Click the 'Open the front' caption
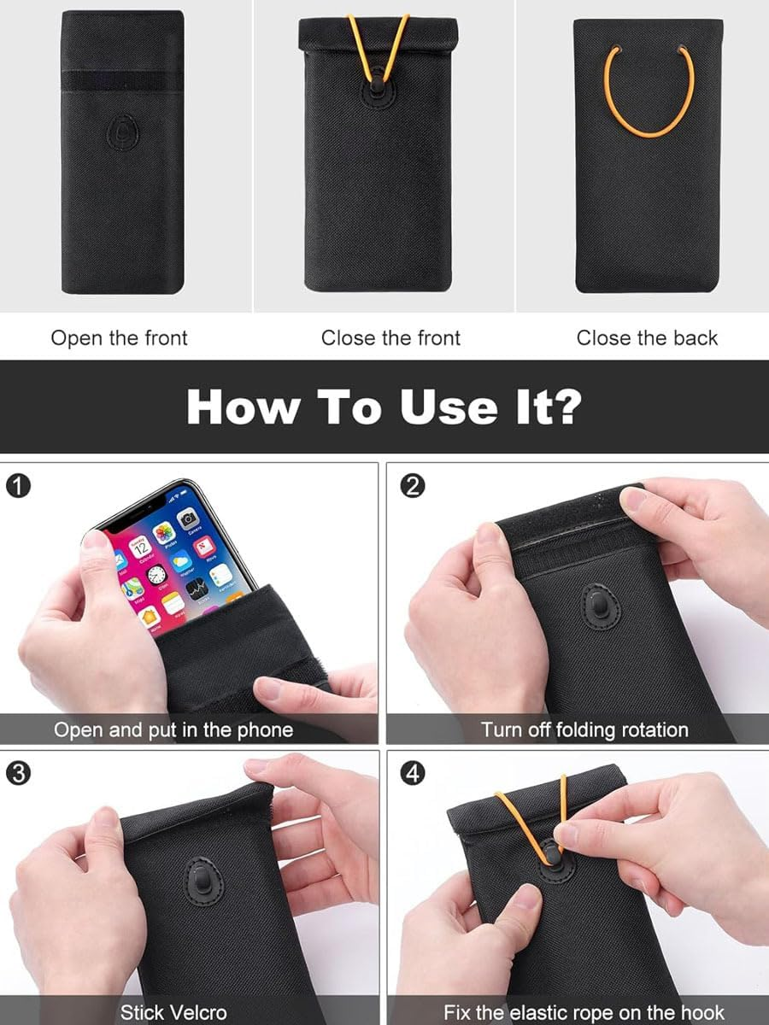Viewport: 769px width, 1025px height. (x=119, y=338)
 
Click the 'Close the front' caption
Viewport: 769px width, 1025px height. (x=390, y=338)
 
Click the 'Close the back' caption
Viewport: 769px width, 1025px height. (x=647, y=338)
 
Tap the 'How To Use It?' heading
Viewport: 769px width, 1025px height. (x=384, y=407)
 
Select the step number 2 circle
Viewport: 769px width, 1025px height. (x=413, y=486)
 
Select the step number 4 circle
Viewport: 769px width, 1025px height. (x=413, y=774)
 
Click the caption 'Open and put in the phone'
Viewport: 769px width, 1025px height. (x=173, y=729)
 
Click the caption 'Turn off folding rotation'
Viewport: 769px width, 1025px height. (x=584, y=729)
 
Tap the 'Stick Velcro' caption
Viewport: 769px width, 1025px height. (x=173, y=1012)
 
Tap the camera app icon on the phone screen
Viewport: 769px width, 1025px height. (x=188, y=518)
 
